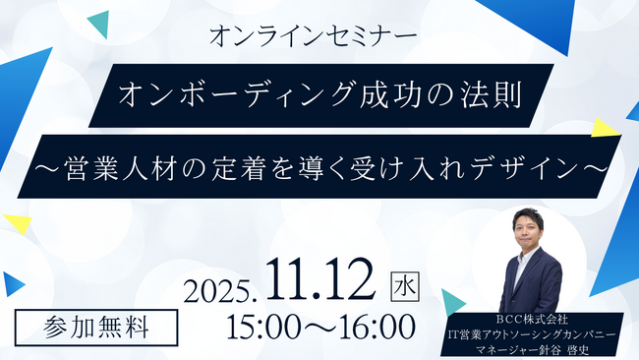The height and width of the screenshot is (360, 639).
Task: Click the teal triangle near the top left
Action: [97, 25]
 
